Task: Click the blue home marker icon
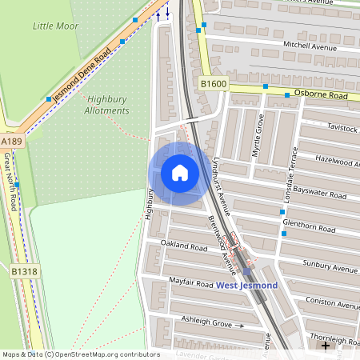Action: [x=180, y=172]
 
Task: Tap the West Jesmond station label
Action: [x=246, y=286]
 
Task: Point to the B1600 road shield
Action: [x=214, y=83]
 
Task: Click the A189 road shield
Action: [x=11, y=142]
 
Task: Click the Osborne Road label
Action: [x=320, y=95]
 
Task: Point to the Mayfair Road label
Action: [x=191, y=282]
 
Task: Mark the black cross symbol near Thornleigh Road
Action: [x=325, y=346]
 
